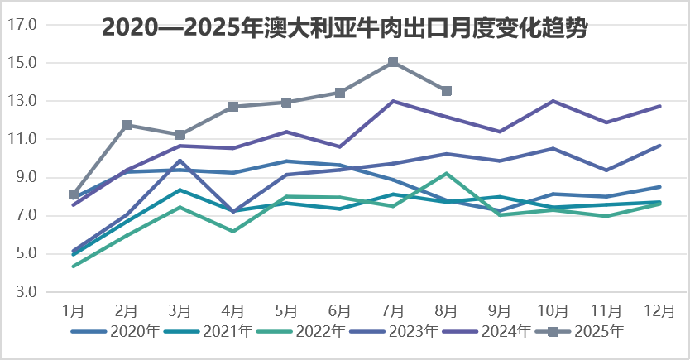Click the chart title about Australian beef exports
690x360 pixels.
click(x=345, y=27)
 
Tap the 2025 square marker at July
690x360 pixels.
click(x=393, y=62)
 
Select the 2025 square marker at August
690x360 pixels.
click(x=447, y=91)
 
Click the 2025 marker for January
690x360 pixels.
click(x=74, y=194)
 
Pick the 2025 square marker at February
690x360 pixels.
click(x=127, y=125)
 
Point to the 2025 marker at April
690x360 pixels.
click(x=233, y=107)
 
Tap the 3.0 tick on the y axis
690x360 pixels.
click(x=25, y=292)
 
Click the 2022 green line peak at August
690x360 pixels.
click(x=447, y=174)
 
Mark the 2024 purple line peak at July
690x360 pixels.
click(x=393, y=101)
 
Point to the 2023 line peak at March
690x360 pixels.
click(x=180, y=161)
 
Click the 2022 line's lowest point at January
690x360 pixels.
click(x=74, y=266)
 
